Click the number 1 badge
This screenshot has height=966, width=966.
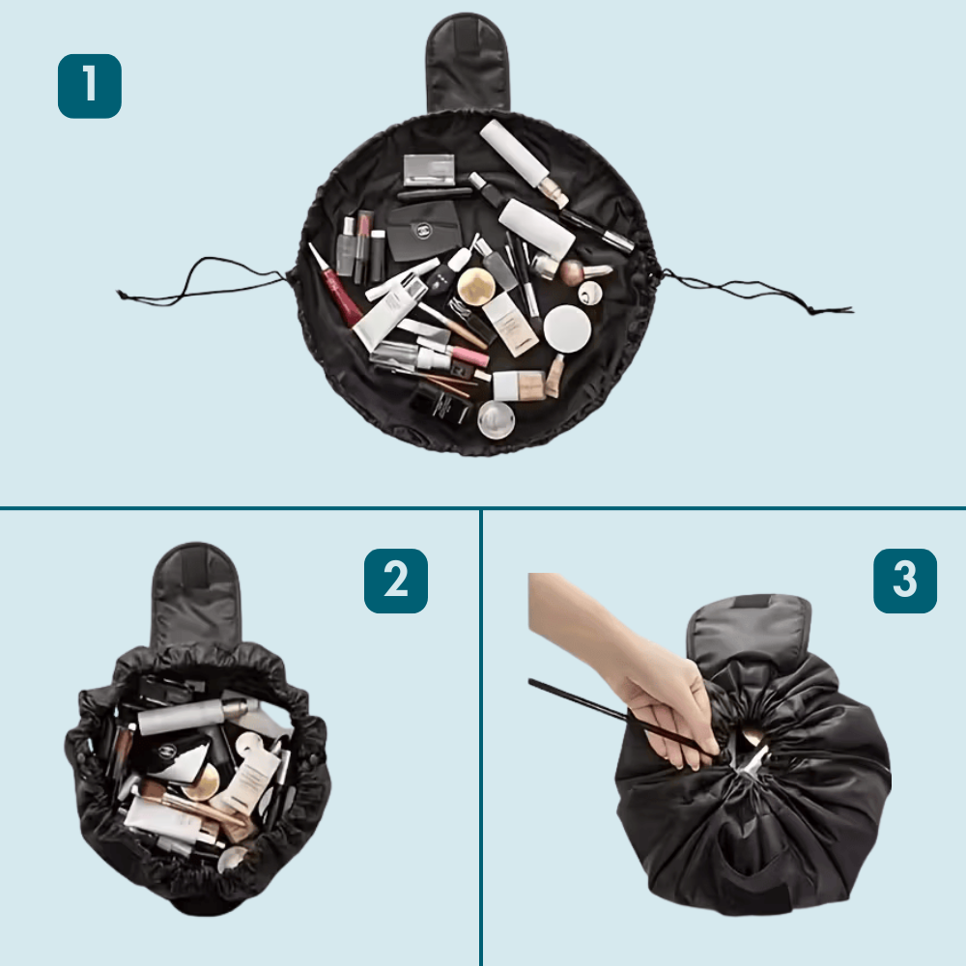(x=90, y=86)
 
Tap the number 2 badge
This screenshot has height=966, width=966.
(x=396, y=581)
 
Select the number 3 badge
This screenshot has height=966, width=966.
(x=905, y=581)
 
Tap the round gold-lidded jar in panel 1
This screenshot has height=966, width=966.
(x=476, y=286)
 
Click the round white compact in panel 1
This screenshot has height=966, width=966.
(x=567, y=328)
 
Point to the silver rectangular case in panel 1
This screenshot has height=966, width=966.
(x=429, y=170)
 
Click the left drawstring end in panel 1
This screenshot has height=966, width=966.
(x=124, y=296)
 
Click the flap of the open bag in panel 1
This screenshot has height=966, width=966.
(x=468, y=63)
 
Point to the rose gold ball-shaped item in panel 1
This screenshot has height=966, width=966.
(x=574, y=270)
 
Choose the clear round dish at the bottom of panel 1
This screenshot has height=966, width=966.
(x=497, y=419)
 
